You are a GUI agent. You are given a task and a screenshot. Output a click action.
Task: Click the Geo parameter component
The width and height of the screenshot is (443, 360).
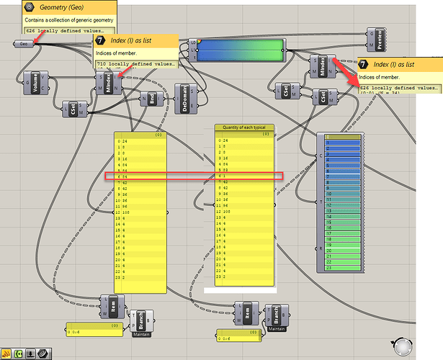23,44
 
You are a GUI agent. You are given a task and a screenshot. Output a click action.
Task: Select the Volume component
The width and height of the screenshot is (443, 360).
31,84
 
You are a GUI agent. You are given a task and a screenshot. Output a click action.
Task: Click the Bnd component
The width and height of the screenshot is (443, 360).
151,101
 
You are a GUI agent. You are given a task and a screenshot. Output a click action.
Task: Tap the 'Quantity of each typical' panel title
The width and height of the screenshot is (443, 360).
245,127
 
